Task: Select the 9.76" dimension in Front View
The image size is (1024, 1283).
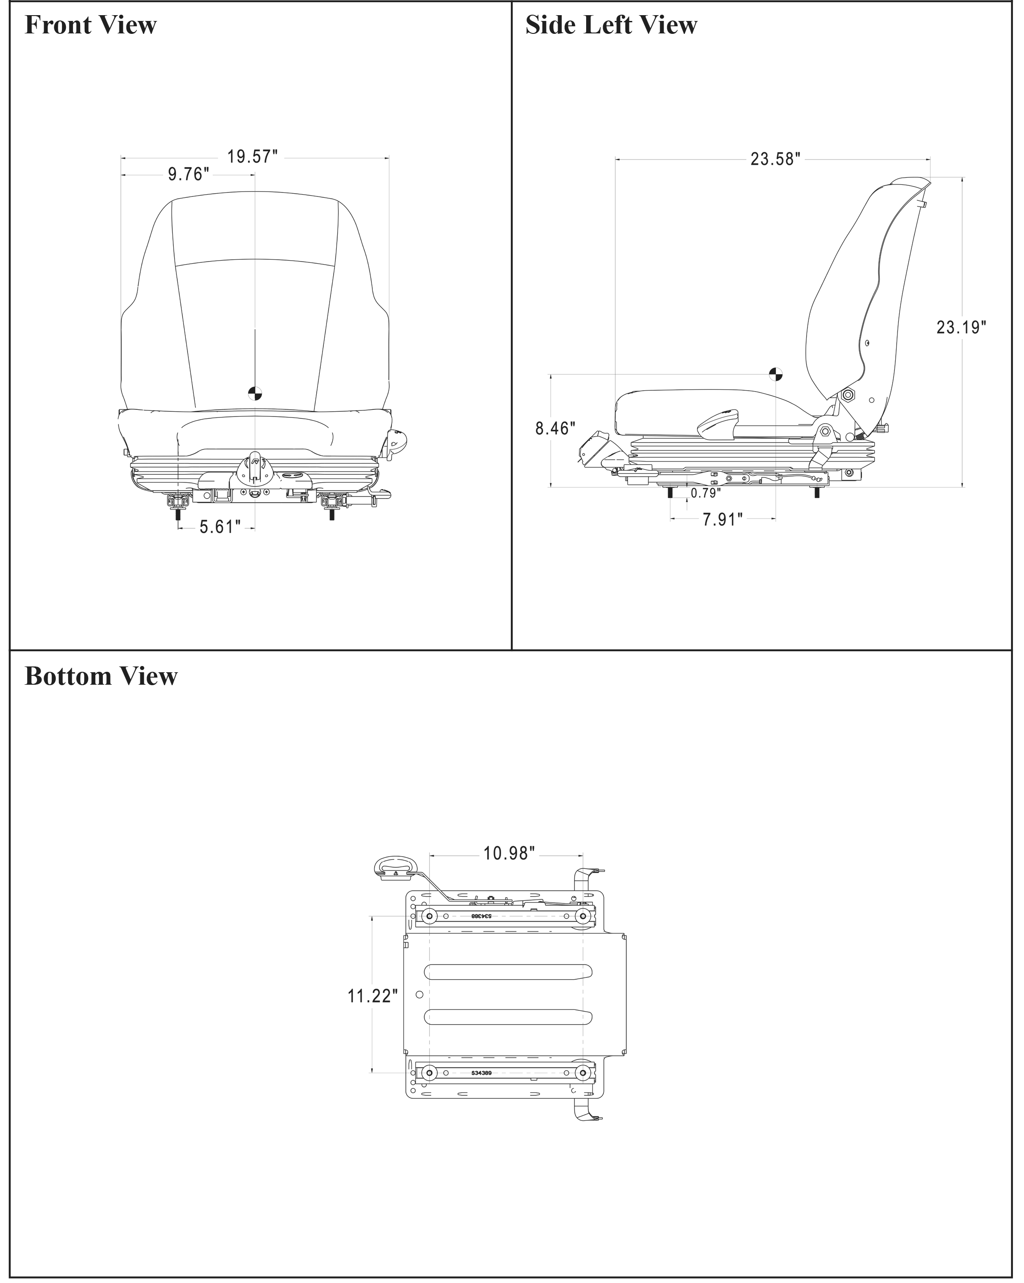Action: [x=188, y=174]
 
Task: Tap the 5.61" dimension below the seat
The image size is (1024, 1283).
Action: [x=220, y=527]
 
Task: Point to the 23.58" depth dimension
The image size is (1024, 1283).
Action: [x=775, y=159]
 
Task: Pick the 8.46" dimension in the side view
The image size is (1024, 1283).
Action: [x=555, y=429]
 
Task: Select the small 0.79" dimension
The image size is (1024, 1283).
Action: [x=706, y=493]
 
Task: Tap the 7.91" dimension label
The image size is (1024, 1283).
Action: [x=723, y=519]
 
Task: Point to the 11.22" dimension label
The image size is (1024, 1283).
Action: [x=372, y=996]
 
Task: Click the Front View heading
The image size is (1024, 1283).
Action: [x=90, y=25]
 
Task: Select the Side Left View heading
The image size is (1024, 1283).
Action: [x=611, y=25]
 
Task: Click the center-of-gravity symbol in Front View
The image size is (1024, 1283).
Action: [x=255, y=393]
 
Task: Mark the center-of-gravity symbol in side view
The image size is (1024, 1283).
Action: [x=775, y=374]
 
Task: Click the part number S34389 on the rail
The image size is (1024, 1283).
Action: [x=481, y=1073]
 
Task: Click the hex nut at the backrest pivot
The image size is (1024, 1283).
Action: [x=848, y=395]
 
